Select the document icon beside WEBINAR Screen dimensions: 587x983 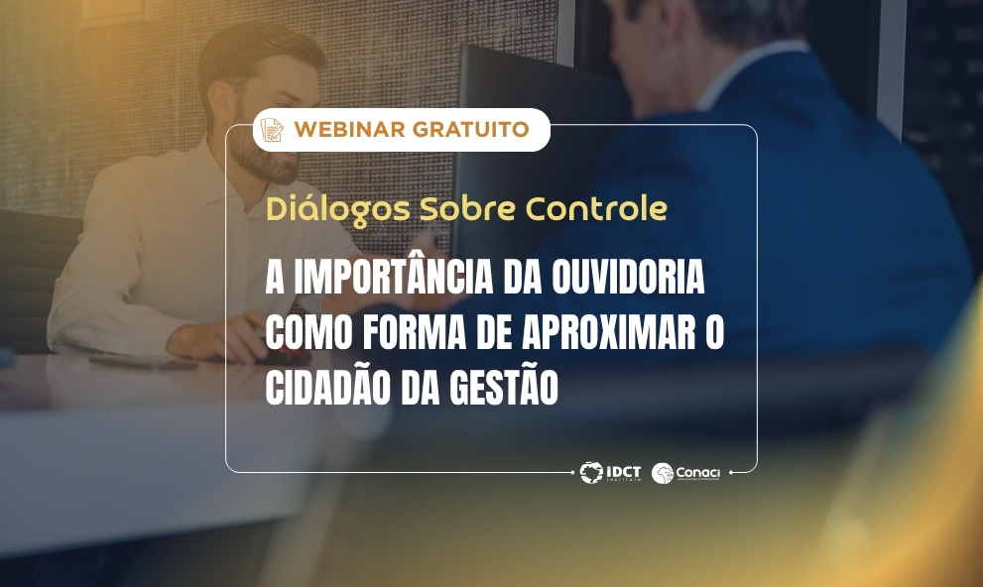pos(271,130)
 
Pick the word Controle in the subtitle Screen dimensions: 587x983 pos(596,210)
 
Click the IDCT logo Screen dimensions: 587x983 pos(611,473)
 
